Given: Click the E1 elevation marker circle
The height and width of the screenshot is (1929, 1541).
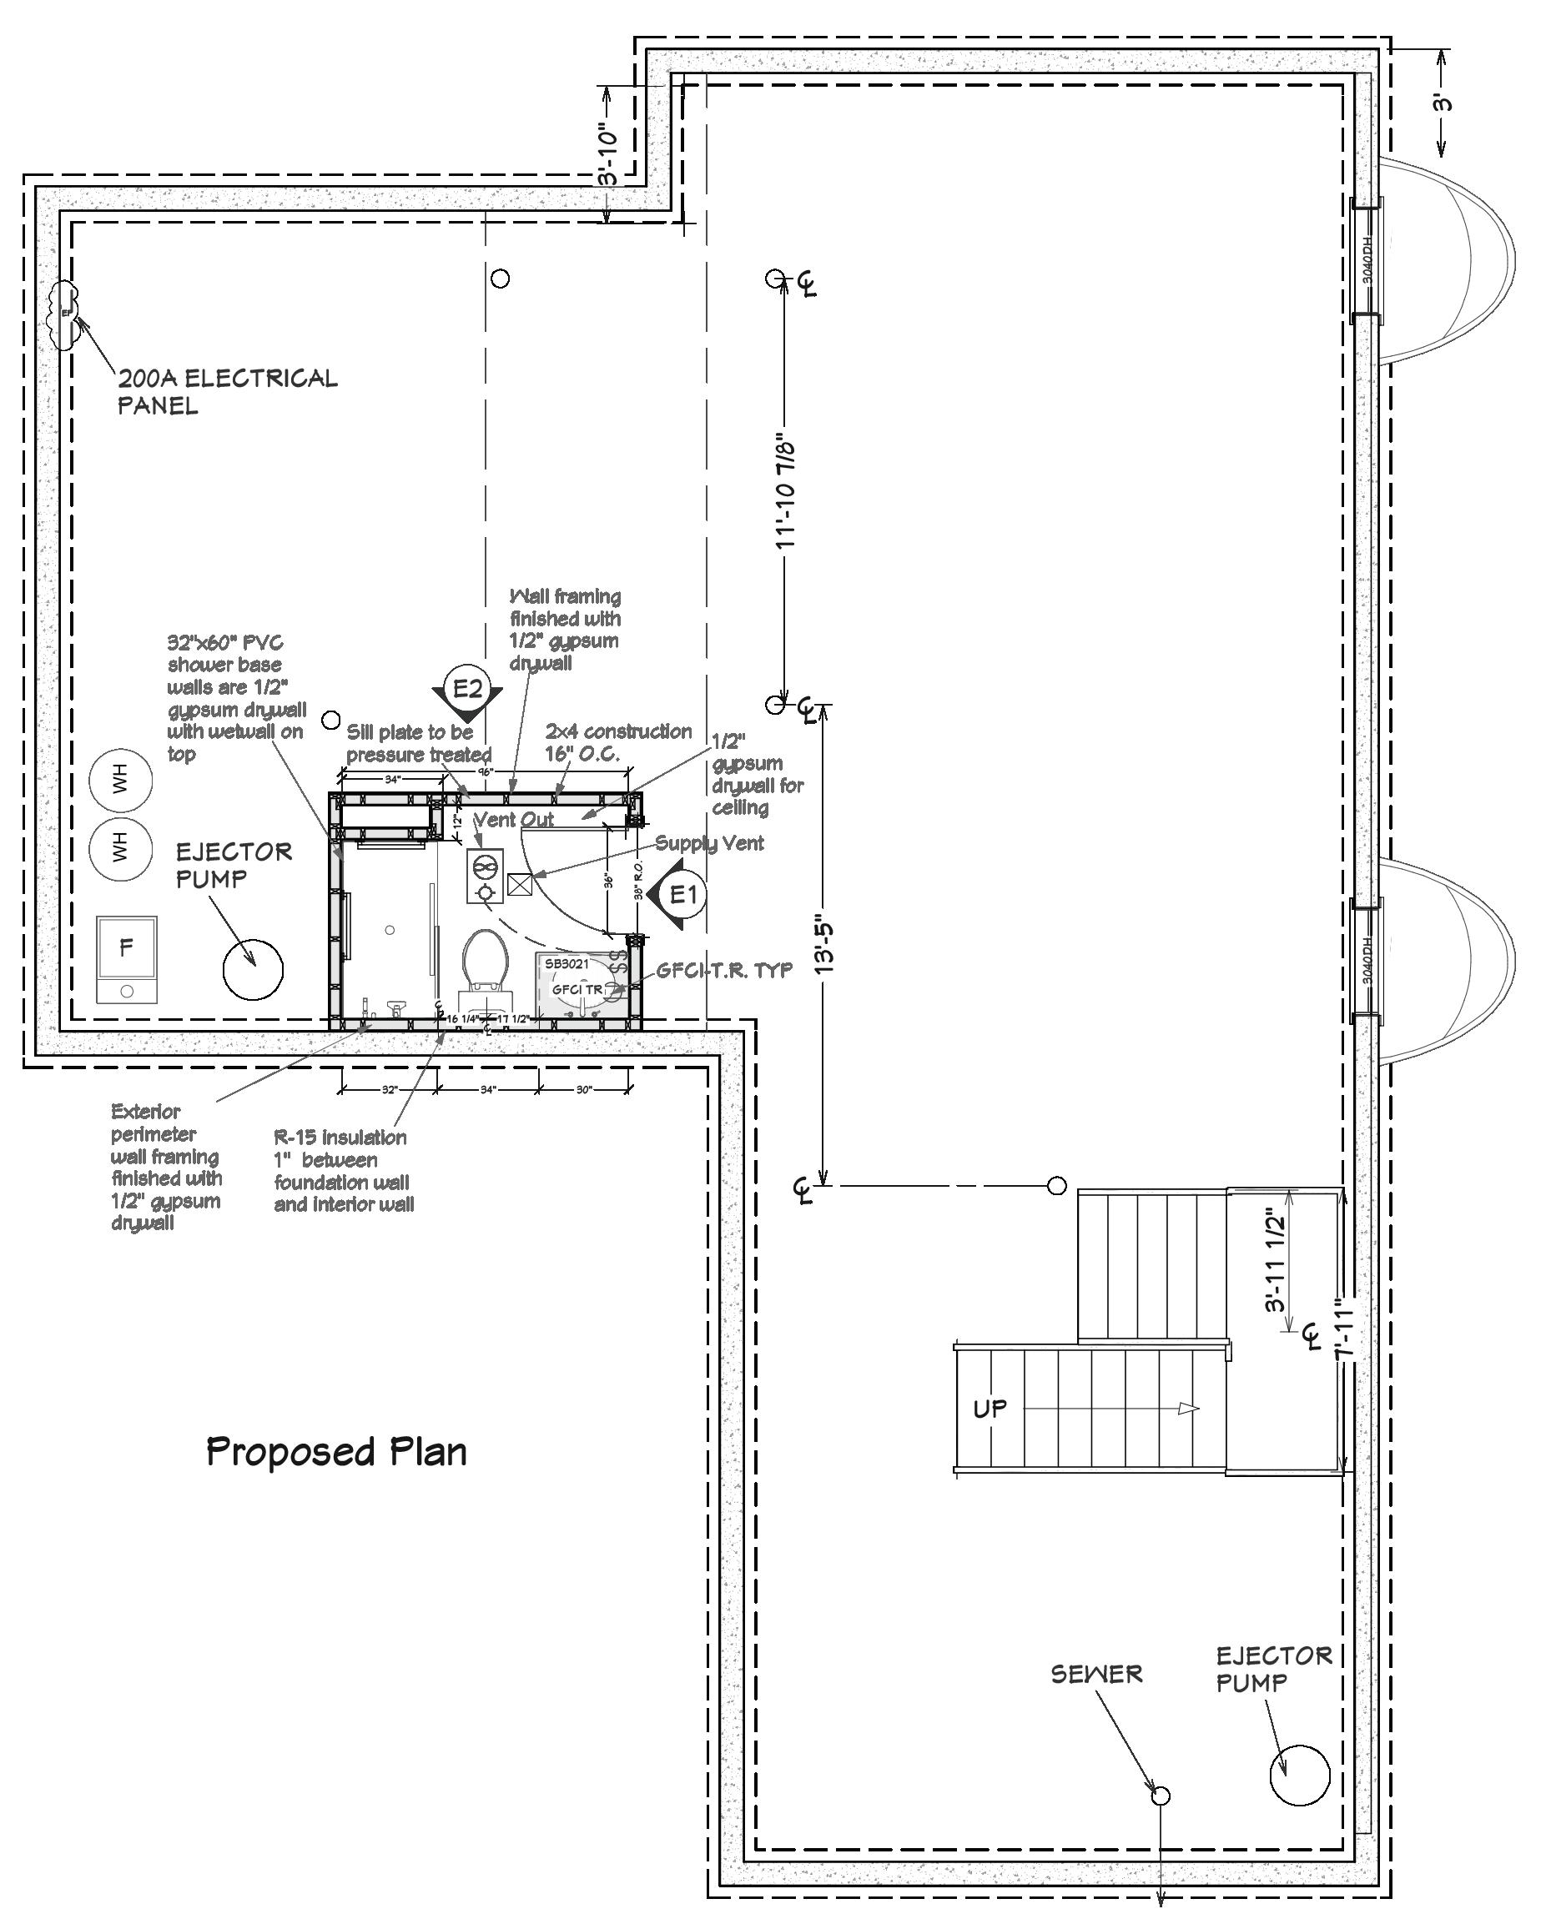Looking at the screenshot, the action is point(683,893).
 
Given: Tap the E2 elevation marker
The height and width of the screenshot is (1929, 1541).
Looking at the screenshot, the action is point(467,689).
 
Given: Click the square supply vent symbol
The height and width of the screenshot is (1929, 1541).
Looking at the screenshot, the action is point(520,884).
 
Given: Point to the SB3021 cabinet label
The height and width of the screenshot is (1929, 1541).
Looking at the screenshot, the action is point(567,963).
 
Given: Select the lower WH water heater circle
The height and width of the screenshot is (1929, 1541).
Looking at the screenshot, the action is point(121,846).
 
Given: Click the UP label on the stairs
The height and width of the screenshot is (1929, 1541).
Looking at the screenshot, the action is point(989,1409).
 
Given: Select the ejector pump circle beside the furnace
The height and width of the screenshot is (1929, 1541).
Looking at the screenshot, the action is point(254,968).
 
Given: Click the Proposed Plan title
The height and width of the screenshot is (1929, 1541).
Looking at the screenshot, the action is point(336,1451).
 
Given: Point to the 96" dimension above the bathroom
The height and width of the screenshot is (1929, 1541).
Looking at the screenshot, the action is point(484,771).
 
